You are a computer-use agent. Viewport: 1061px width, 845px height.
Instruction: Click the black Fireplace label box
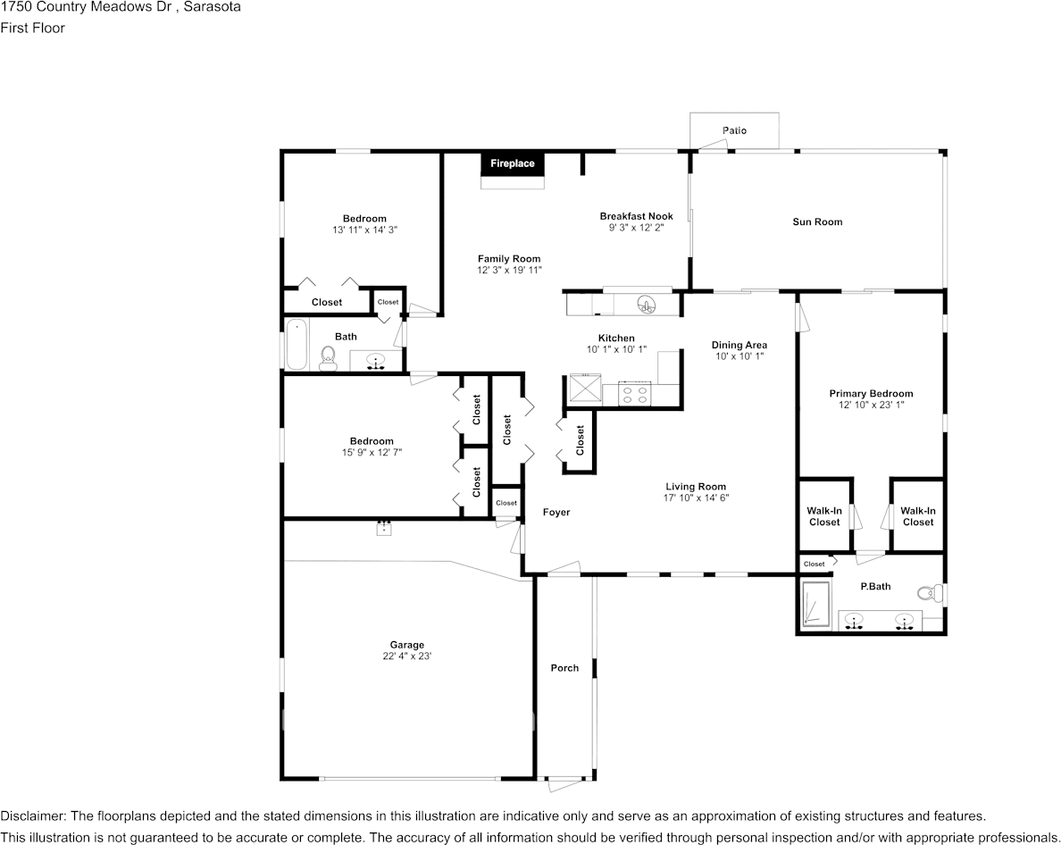pyautogui.click(x=513, y=163)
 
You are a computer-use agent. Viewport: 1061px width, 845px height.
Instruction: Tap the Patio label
pyautogui.click(x=734, y=130)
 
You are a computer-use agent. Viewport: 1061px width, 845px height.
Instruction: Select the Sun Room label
pyautogui.click(x=817, y=222)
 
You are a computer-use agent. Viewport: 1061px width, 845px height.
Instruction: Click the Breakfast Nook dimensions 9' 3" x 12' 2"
pyautogui.click(x=636, y=228)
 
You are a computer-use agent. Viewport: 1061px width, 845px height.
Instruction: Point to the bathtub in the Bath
pyautogui.click(x=296, y=345)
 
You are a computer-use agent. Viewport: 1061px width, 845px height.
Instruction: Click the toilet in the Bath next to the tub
pyautogui.click(x=327, y=358)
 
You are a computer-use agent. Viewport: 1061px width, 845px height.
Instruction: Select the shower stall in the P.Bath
pyautogui.click(x=815, y=607)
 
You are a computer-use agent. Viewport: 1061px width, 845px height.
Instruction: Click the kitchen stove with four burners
pyautogui.click(x=635, y=394)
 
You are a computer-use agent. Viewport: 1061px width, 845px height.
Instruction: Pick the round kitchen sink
pyautogui.click(x=646, y=305)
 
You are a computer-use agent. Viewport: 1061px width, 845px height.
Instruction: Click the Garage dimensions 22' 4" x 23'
pyautogui.click(x=406, y=657)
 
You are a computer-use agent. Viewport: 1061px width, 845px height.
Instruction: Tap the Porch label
pyautogui.click(x=564, y=668)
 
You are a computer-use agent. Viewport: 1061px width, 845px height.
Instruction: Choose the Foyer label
pyautogui.click(x=556, y=512)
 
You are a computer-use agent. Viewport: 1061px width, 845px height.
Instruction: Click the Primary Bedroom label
pyautogui.click(x=871, y=393)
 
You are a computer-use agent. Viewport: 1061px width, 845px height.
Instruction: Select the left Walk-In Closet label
pyautogui.click(x=824, y=516)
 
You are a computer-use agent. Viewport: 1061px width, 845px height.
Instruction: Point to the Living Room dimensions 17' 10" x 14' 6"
pyautogui.click(x=696, y=498)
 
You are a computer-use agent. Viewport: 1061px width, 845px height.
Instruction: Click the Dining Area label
pyautogui.click(x=739, y=345)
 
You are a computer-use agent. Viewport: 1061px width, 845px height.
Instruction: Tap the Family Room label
pyautogui.click(x=509, y=259)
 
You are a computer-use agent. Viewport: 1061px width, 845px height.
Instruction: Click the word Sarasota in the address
pyautogui.click(x=212, y=7)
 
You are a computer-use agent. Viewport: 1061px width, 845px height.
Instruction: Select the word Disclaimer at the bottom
pyautogui.click(x=32, y=816)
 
